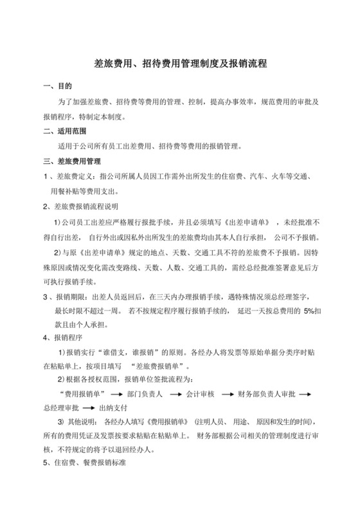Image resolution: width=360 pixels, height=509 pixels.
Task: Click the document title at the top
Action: point(180,64)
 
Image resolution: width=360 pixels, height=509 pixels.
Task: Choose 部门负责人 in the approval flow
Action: point(145,392)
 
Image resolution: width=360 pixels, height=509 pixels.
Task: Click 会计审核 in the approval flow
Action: point(202,392)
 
